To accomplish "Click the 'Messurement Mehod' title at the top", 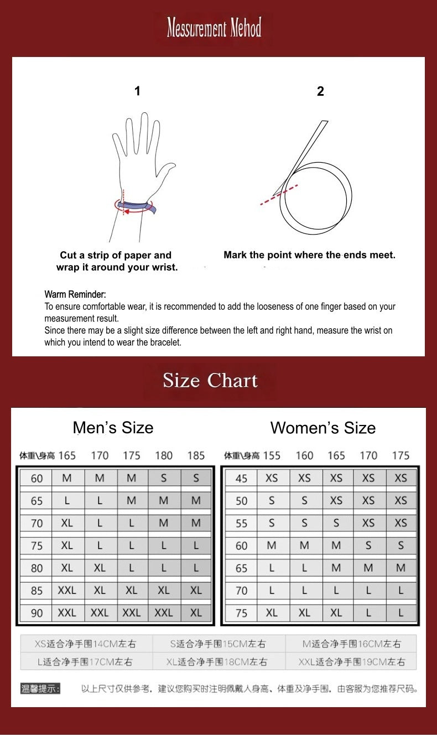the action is point(214,27).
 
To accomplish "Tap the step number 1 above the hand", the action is point(137,91).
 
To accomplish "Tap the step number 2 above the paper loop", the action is point(320,91).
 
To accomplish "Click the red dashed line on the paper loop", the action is point(279,195).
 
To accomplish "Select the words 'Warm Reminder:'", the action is point(75,294).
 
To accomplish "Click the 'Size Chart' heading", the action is point(210,380).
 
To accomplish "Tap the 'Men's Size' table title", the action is point(113,427).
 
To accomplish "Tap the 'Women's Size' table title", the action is point(323,427).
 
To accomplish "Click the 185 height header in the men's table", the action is point(196,455).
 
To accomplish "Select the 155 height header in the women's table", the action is point(272,455).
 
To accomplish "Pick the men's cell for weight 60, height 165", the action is point(67,478).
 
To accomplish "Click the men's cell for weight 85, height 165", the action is point(67,590).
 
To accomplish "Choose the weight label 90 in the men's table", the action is point(37,613).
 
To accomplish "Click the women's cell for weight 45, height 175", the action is point(400,478).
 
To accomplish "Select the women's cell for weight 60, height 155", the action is point(272,545).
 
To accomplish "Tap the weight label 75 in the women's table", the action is point(241,613).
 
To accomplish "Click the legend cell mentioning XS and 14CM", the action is point(86,644).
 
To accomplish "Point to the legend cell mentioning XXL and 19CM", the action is point(351,662).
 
